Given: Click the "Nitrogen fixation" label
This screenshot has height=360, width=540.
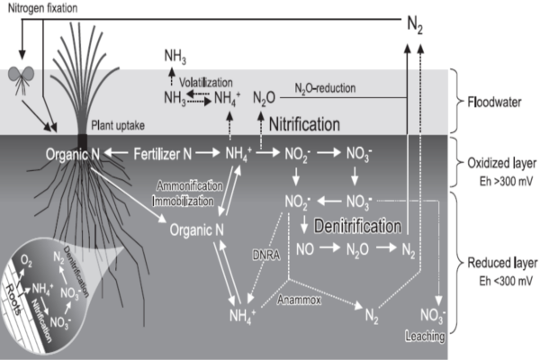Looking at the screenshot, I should pos(40,9).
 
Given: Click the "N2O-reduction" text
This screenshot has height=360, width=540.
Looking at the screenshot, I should pos(326,87).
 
